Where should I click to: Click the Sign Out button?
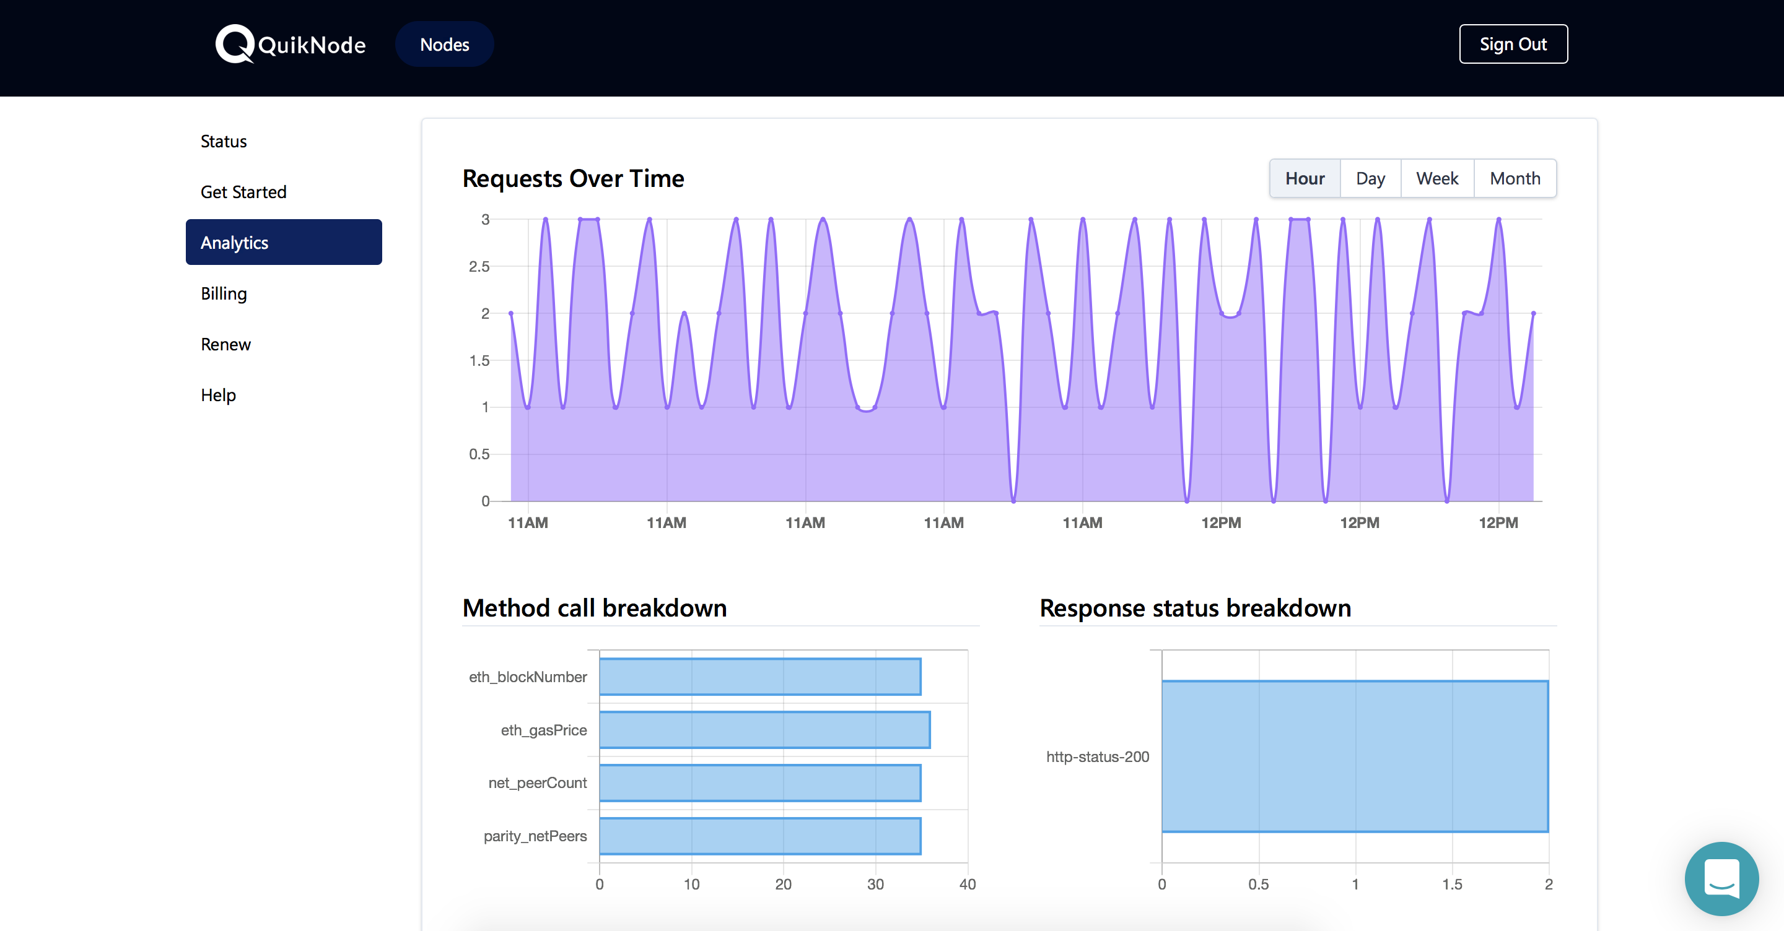(x=1513, y=45)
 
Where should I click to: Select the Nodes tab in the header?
(x=445, y=45)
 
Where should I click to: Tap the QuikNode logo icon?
(x=235, y=43)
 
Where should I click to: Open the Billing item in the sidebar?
(x=224, y=293)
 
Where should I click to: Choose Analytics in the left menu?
(x=284, y=242)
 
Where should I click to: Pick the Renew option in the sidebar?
(x=225, y=344)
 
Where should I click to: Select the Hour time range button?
(x=1305, y=178)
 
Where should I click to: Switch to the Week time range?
(x=1437, y=178)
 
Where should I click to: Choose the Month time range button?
(x=1515, y=178)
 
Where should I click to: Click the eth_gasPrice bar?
(x=764, y=730)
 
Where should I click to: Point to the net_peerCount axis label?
(x=538, y=783)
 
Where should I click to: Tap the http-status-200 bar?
(x=1355, y=756)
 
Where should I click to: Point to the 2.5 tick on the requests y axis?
(x=479, y=267)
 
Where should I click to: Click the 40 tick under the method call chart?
(x=968, y=884)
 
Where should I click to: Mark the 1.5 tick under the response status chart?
(x=1452, y=884)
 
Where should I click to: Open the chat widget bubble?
(x=1721, y=878)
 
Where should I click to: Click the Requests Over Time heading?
(x=574, y=178)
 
